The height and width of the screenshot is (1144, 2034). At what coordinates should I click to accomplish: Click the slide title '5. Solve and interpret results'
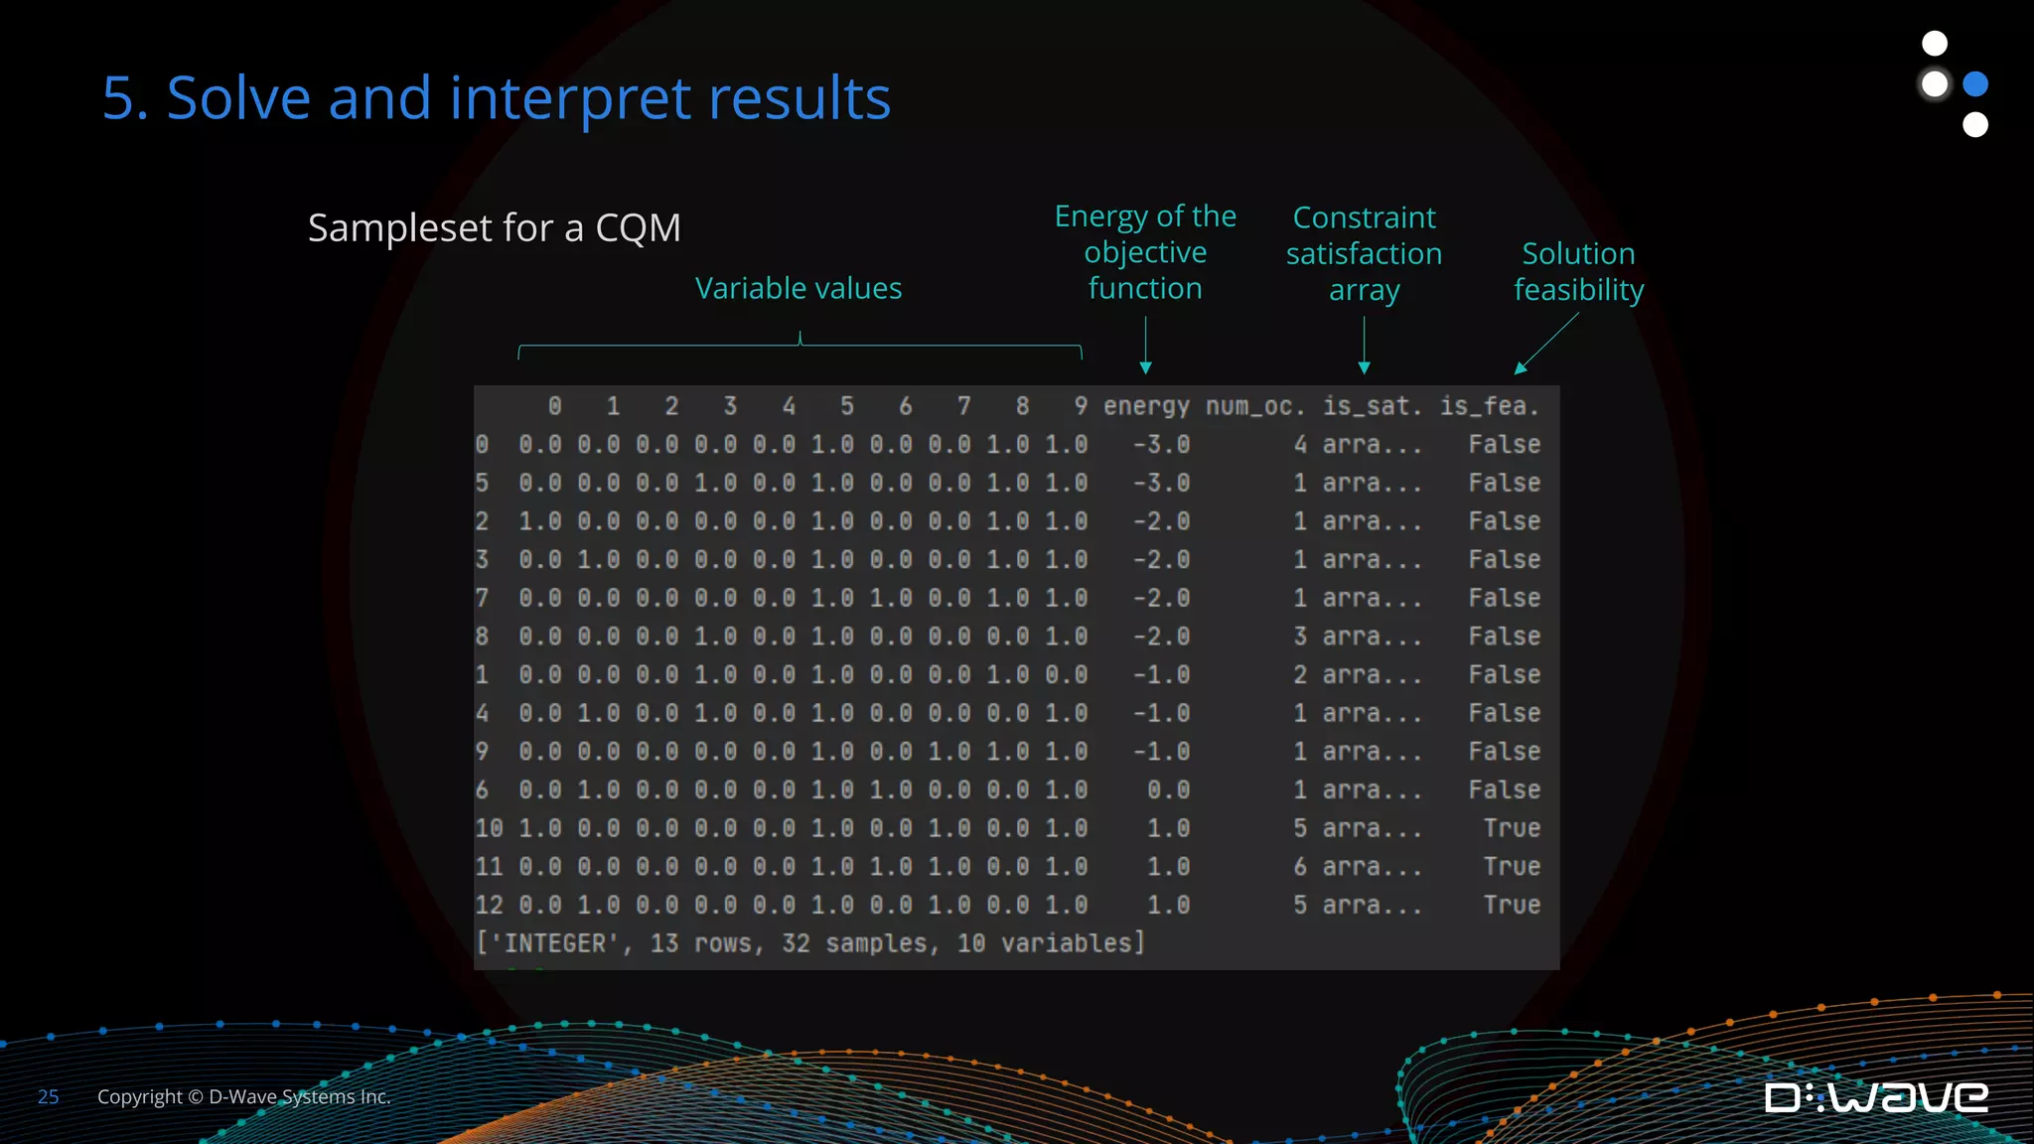[x=497, y=98]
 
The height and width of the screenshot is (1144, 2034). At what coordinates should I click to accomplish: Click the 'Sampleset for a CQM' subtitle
[x=495, y=228]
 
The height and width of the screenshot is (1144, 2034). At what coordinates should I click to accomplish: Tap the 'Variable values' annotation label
[x=799, y=289]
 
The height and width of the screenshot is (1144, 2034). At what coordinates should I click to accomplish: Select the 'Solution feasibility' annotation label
[x=1578, y=271]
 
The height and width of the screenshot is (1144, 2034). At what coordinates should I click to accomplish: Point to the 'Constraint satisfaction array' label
[x=1364, y=253]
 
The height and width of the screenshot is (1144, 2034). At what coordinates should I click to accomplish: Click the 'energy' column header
[x=1146, y=406]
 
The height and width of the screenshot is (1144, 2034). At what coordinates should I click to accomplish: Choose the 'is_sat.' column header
[x=1372, y=406]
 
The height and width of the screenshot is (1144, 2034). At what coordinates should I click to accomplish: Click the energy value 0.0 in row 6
[x=1168, y=790]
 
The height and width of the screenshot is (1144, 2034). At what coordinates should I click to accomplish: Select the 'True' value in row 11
[x=1512, y=867]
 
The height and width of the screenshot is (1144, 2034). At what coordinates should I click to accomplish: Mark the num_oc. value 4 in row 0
[x=1300, y=445]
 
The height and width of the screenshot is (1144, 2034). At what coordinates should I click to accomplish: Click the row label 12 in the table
[x=489, y=906]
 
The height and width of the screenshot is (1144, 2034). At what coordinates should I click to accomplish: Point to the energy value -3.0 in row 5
[x=1161, y=484]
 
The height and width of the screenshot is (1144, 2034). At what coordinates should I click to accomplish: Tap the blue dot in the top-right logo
[x=1975, y=84]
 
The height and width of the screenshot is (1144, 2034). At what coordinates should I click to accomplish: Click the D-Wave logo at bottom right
[x=1876, y=1097]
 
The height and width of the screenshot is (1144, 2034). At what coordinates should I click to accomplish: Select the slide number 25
[x=48, y=1097]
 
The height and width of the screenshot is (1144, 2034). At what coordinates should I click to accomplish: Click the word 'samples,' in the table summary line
[x=882, y=943]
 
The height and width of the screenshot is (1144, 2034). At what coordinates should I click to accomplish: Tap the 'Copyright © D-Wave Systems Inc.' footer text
[x=243, y=1097]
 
